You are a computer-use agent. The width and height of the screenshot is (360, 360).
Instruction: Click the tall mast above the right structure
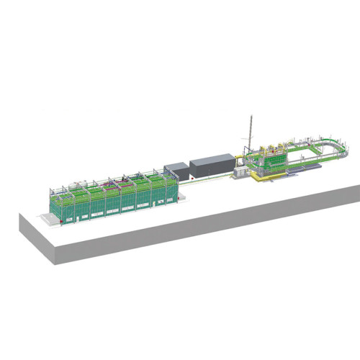pos(251,130)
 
